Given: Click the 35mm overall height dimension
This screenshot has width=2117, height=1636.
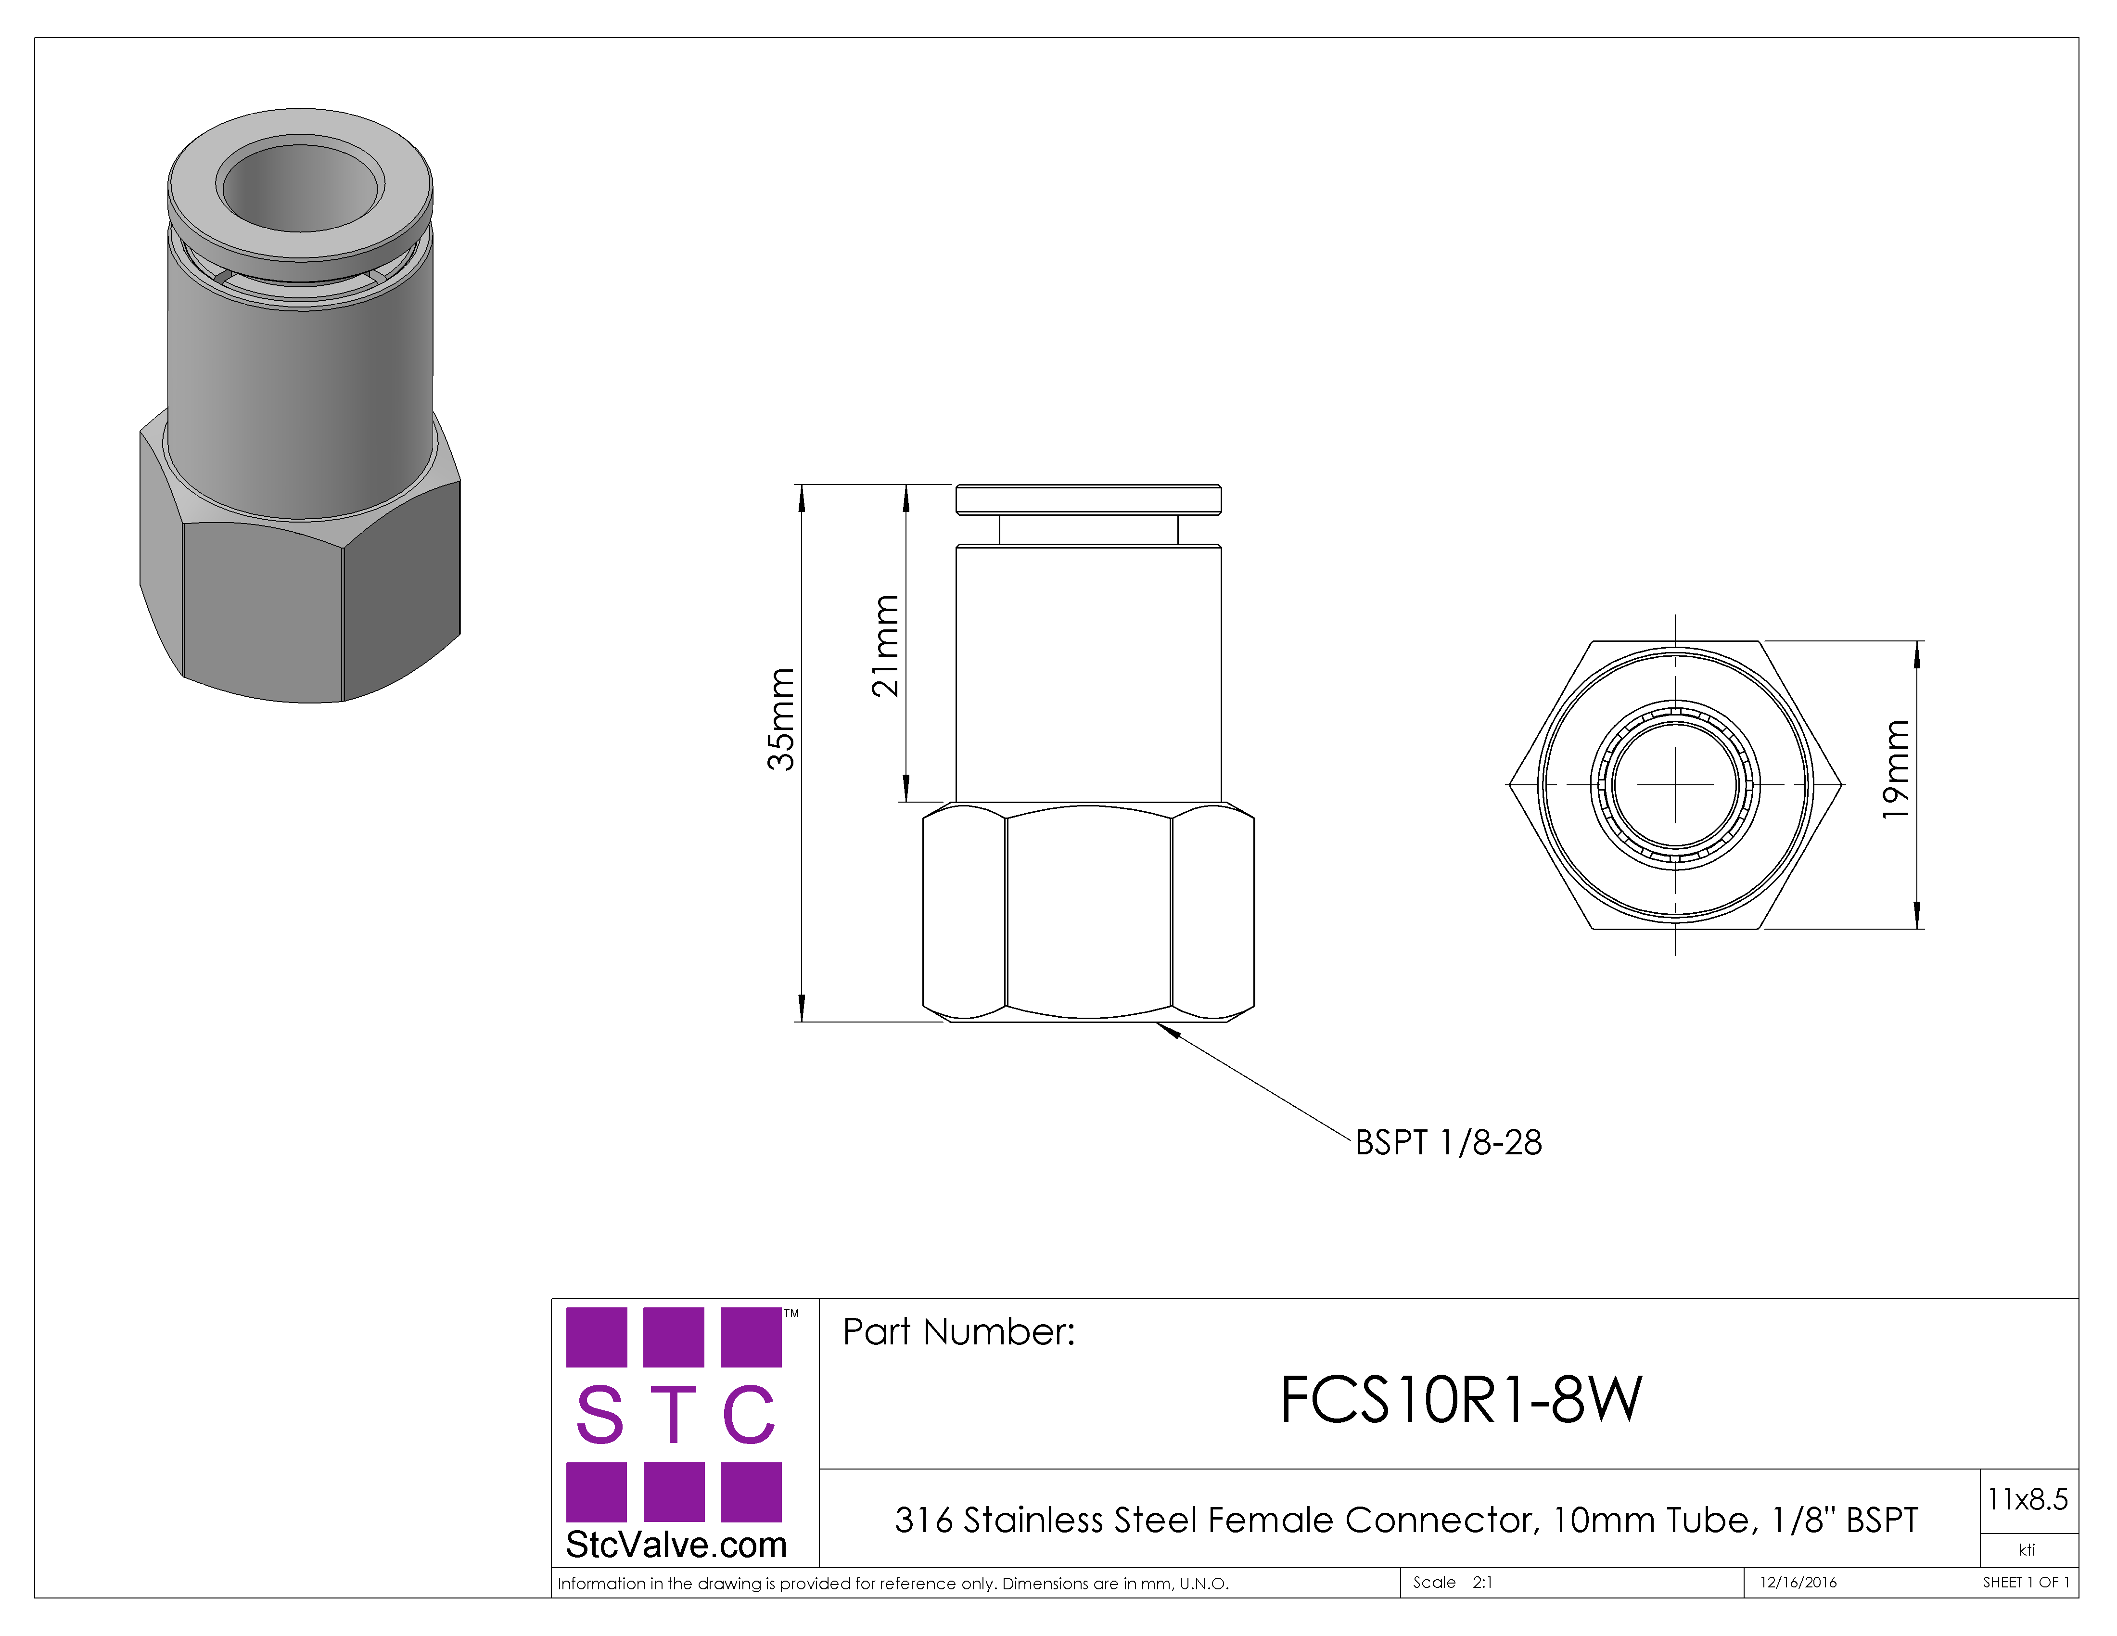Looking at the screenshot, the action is tap(781, 719).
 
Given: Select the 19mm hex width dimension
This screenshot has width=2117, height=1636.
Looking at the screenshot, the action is tap(1896, 769).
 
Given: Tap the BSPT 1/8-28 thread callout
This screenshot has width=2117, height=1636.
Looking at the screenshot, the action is tap(1448, 1143).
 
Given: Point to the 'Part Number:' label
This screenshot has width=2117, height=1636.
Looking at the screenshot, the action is tap(958, 1332).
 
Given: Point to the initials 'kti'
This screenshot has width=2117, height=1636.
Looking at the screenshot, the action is tap(2027, 1550).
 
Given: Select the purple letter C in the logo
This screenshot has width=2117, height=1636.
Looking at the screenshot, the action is tap(749, 1415).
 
